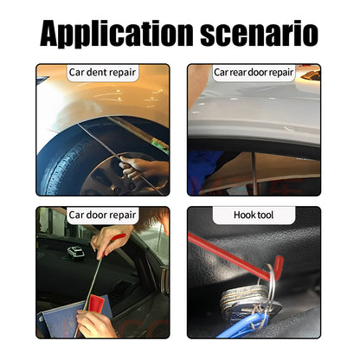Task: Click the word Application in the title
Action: (116, 33)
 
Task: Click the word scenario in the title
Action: (260, 34)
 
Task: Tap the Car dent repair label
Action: (102, 72)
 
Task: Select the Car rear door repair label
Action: (254, 72)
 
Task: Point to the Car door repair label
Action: (102, 215)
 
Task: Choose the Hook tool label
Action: (254, 215)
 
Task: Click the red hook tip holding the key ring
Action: (279, 267)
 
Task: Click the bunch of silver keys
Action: (245, 299)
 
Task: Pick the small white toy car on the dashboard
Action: (76, 253)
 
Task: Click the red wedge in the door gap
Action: (96, 303)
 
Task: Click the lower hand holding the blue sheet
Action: (94, 324)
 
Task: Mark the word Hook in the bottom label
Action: (243, 215)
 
